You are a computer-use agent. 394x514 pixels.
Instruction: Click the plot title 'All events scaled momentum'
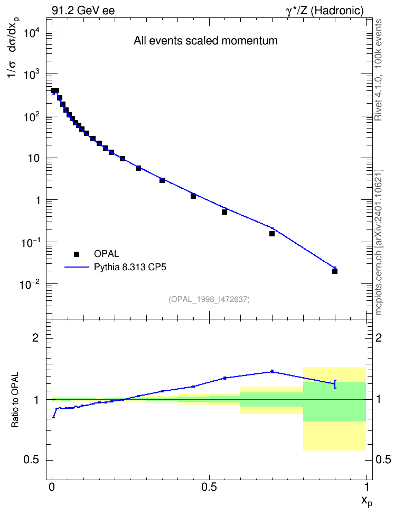(205, 41)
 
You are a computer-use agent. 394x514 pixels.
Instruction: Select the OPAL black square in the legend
(77, 254)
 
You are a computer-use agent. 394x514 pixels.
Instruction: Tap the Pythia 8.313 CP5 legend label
(130, 268)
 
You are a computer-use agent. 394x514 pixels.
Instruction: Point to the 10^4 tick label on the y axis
(32, 32)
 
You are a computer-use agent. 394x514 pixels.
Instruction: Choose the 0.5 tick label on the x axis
(209, 487)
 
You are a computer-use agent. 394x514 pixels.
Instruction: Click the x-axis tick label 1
(367, 487)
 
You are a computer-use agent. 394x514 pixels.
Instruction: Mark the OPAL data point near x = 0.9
(335, 271)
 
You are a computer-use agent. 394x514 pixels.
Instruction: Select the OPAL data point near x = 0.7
(272, 234)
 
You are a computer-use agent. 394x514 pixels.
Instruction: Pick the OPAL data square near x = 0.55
(224, 212)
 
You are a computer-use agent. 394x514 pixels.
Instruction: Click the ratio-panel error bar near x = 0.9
(335, 384)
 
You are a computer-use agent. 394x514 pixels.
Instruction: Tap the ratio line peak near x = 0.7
(272, 372)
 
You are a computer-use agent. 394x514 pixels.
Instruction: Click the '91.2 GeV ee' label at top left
(83, 11)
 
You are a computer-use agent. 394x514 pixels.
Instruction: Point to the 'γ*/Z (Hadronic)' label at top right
(325, 11)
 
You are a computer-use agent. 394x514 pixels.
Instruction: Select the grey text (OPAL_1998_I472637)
(209, 299)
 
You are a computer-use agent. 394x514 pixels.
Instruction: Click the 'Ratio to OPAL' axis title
(15, 399)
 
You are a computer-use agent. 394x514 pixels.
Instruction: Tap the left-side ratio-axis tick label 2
(35, 337)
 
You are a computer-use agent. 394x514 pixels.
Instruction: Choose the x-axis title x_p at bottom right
(367, 501)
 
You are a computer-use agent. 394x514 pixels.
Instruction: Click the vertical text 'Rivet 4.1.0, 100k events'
(378, 70)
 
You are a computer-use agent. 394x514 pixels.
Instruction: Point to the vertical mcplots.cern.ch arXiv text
(378, 242)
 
